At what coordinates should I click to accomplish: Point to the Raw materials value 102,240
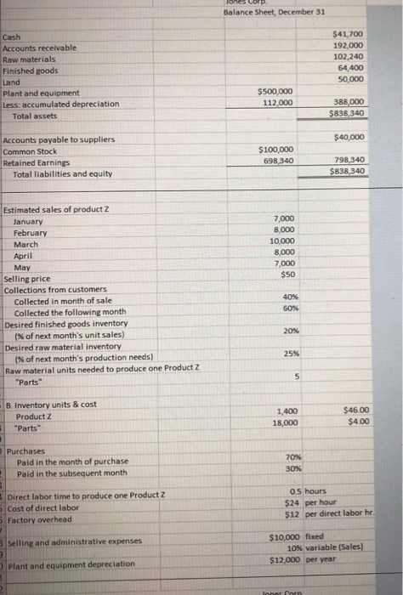click(x=349, y=56)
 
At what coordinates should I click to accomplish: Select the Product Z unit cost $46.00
click(x=355, y=411)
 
